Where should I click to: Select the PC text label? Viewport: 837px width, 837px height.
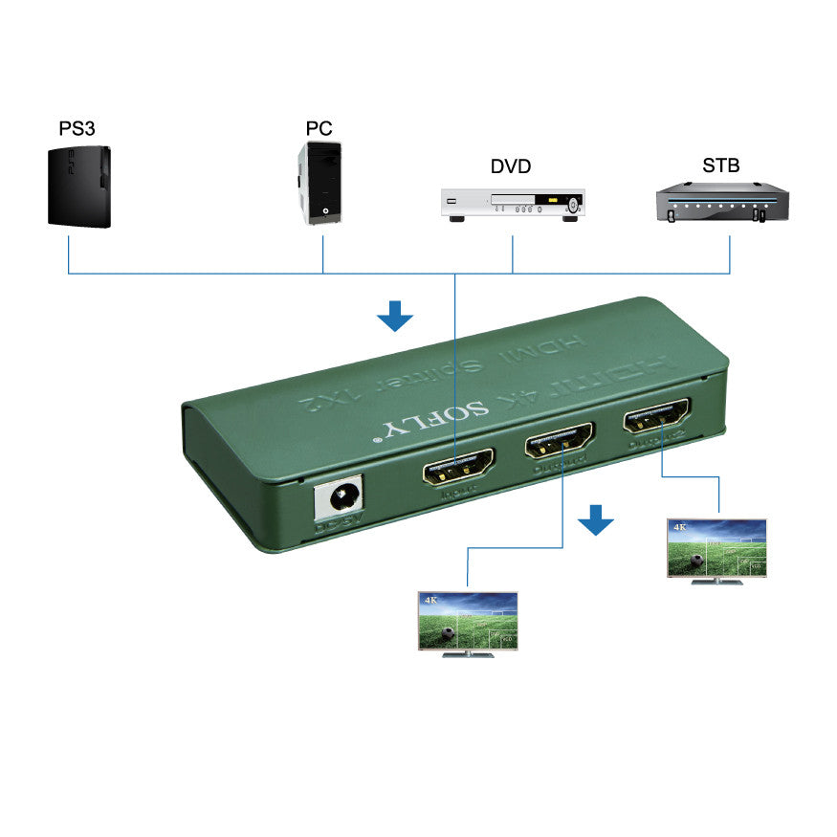(319, 127)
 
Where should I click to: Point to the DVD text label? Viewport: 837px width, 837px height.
(511, 166)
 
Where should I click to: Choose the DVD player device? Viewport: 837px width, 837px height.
(512, 205)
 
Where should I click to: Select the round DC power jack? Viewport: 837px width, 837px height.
(341, 498)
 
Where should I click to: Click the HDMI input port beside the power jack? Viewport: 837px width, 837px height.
(457, 469)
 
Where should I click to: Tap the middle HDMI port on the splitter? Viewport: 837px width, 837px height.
(559, 442)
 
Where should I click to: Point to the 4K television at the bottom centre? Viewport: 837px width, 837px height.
(468, 623)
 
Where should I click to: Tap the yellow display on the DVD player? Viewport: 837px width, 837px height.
(552, 202)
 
